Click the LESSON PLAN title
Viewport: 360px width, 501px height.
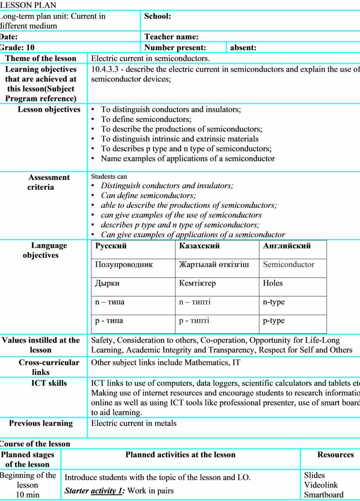28,5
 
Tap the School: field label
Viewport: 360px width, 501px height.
157,16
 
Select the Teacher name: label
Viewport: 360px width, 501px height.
171,37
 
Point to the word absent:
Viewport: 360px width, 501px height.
243,48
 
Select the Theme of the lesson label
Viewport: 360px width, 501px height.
41,58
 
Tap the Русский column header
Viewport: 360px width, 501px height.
111,246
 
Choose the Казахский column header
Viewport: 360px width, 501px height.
199,246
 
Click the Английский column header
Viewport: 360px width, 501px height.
287,246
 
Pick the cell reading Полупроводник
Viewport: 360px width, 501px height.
124,265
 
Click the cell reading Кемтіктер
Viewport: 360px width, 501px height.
197,283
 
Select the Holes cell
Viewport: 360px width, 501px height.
273,283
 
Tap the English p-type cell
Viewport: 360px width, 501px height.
274,321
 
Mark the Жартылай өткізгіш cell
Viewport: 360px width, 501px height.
214,265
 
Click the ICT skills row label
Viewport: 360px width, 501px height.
49,383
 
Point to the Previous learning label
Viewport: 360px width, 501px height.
41,423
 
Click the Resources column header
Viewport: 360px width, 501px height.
335,455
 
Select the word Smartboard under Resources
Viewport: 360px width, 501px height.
323,495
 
